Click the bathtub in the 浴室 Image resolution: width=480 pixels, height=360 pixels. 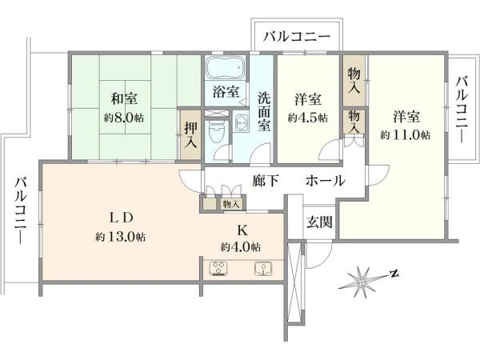coord(226,68)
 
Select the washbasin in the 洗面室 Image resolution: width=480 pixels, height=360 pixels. coord(242,122)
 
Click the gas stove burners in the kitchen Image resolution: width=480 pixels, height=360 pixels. coord(218,269)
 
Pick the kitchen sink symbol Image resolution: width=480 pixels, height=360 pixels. coord(263,269)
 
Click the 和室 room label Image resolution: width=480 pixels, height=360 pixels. coord(124,99)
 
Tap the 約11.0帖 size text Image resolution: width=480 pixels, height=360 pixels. coord(405,134)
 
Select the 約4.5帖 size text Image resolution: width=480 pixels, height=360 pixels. coord(307,118)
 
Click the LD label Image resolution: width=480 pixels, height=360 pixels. coord(121,218)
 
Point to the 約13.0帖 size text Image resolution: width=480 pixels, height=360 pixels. coord(120,236)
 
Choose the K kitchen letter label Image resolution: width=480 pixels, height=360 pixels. coord(242,230)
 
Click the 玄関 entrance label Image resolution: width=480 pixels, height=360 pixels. coord(319,222)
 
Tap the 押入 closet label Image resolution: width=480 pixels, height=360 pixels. coord(191,135)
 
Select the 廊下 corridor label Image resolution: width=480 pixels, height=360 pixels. coord(266,181)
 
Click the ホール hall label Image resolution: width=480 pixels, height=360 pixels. coord(326,181)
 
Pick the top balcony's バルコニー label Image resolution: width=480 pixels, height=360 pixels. coord(298,37)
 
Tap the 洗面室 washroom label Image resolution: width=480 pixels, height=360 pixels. coord(263,111)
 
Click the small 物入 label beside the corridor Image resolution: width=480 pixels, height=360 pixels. coord(231,204)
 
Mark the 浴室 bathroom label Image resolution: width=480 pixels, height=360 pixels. coord(226,91)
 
